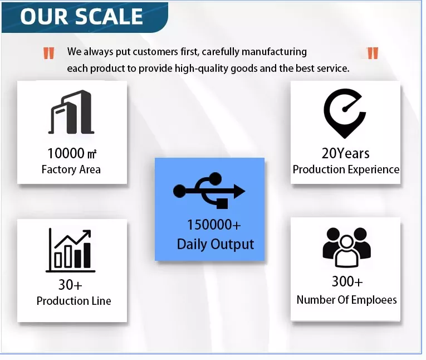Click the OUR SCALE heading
click(x=81, y=16)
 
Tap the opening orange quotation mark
click(x=49, y=53)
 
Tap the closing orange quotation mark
click(x=373, y=53)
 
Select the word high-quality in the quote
click(x=202, y=69)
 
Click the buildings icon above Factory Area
click(x=71, y=112)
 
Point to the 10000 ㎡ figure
click(x=72, y=153)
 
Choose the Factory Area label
click(x=71, y=169)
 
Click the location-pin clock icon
click(x=345, y=114)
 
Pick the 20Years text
click(x=346, y=153)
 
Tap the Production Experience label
click(x=346, y=169)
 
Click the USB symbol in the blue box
click(x=209, y=191)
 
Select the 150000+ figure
click(x=214, y=225)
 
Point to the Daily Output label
click(x=216, y=244)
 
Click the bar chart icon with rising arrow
click(x=70, y=250)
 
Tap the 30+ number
click(x=70, y=285)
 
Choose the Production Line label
click(x=74, y=301)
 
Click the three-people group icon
click(x=347, y=247)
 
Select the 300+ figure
click(x=347, y=281)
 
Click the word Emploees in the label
click(x=374, y=300)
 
